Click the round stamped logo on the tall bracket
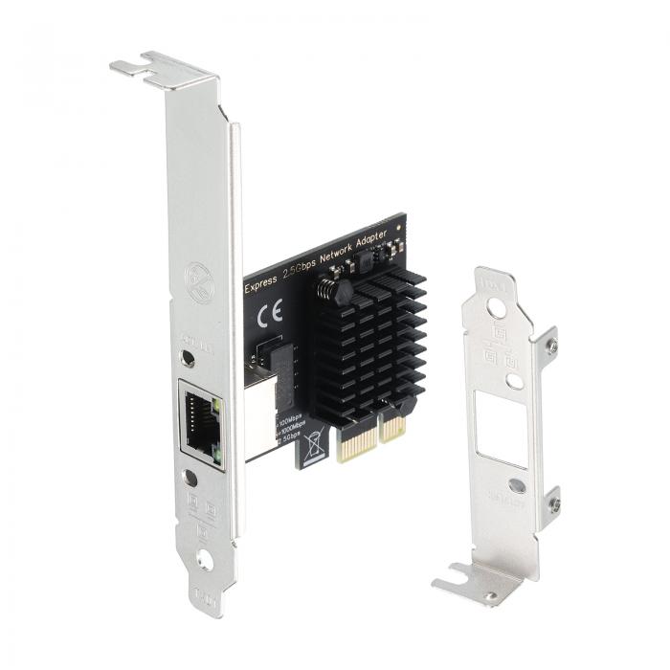click(199, 283)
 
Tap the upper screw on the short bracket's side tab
click(552, 346)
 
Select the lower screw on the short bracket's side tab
click(552, 504)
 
